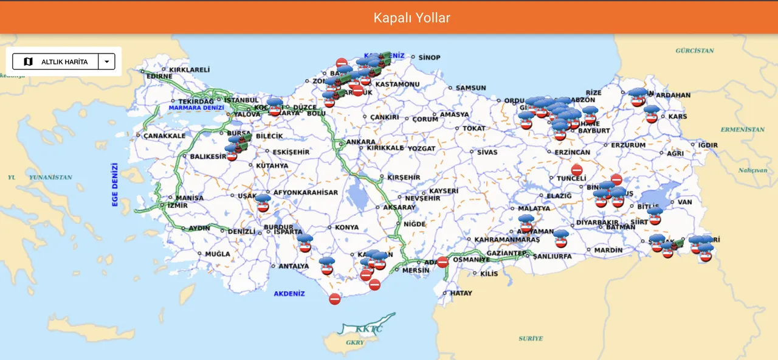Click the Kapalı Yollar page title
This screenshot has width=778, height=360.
(x=412, y=18)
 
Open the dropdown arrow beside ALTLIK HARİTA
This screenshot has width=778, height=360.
(x=107, y=61)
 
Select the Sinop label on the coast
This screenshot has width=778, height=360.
(x=429, y=57)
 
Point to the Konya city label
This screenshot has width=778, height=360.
(x=346, y=227)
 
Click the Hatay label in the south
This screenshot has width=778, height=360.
(x=461, y=293)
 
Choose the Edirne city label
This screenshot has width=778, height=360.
(x=159, y=77)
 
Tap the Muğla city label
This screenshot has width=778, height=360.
(x=218, y=254)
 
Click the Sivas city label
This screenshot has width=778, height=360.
(x=487, y=152)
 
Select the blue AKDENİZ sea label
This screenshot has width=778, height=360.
(x=289, y=294)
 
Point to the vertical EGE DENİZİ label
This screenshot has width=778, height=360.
(x=115, y=185)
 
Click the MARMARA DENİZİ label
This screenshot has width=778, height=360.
(x=196, y=108)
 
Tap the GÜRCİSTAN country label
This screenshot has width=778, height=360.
(x=694, y=50)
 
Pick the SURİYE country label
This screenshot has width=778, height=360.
(x=531, y=338)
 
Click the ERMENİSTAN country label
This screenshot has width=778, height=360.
(x=742, y=130)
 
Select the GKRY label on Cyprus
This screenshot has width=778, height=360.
(x=354, y=342)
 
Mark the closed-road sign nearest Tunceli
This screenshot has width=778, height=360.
(x=577, y=170)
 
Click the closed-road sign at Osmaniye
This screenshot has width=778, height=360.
(x=442, y=262)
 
